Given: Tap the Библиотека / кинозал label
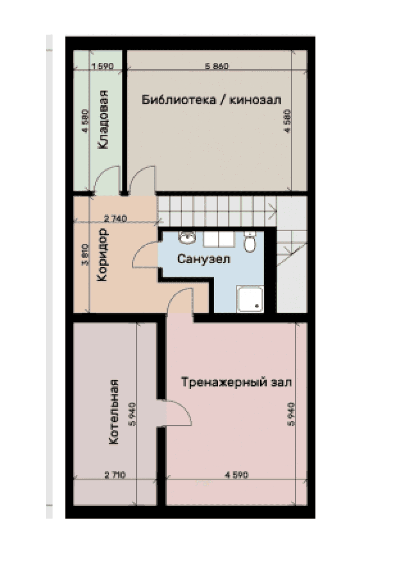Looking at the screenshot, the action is click(x=211, y=99).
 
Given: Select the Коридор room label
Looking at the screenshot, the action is click(x=103, y=255).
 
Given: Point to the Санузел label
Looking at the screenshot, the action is click(x=204, y=259).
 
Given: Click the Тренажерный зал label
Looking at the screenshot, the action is click(x=237, y=382).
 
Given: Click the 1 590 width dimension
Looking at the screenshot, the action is click(x=103, y=66).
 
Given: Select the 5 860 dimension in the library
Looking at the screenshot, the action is click(x=217, y=66).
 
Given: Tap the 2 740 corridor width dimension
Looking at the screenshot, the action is click(x=115, y=219).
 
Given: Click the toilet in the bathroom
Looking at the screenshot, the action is click(x=250, y=242).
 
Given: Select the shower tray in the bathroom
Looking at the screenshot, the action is click(x=251, y=299).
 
